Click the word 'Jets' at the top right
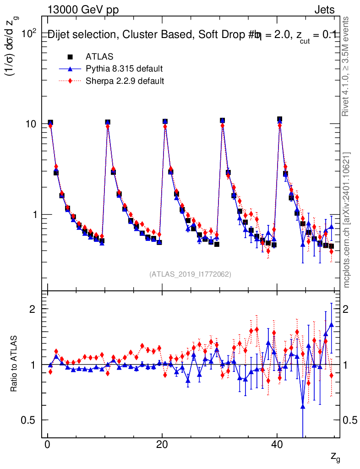(324, 10)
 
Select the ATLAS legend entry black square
(70, 57)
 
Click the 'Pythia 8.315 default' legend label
(124, 69)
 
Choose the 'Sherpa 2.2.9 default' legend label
(125, 81)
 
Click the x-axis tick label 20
(162, 446)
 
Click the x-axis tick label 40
(276, 446)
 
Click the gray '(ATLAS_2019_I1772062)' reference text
(190, 274)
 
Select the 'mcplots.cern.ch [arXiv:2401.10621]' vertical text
(347, 220)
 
